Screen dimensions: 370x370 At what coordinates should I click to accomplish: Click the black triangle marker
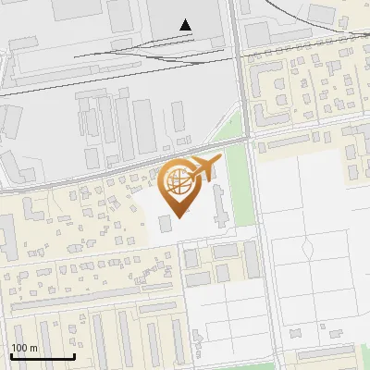pyautogui.click(x=187, y=25)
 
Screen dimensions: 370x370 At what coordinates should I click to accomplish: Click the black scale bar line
pyautogui.click(x=42, y=357)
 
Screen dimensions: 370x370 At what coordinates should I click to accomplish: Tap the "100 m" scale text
pyautogui.click(x=24, y=348)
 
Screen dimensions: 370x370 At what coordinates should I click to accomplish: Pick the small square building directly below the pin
pyautogui.click(x=165, y=224)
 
